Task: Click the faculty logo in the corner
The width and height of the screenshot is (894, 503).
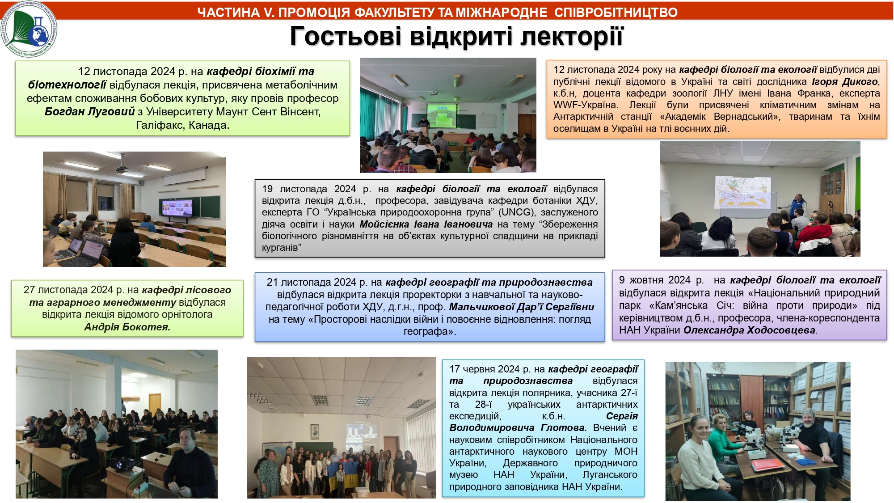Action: pos(30,30)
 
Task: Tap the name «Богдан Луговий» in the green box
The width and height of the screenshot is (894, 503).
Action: pos(89,112)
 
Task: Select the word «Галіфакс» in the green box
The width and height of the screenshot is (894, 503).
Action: pos(159,125)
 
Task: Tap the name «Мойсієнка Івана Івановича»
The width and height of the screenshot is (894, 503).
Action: pos(426,224)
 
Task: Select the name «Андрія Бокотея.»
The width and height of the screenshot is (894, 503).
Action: pos(127,327)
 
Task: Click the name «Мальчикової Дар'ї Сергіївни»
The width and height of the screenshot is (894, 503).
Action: pos(522,307)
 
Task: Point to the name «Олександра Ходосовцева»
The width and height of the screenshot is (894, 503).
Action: pos(749,330)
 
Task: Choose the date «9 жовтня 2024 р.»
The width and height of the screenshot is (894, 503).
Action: pos(662,280)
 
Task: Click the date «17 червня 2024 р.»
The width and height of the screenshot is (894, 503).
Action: pos(490,369)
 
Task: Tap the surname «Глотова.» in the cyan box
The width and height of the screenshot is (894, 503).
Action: pos(563,428)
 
